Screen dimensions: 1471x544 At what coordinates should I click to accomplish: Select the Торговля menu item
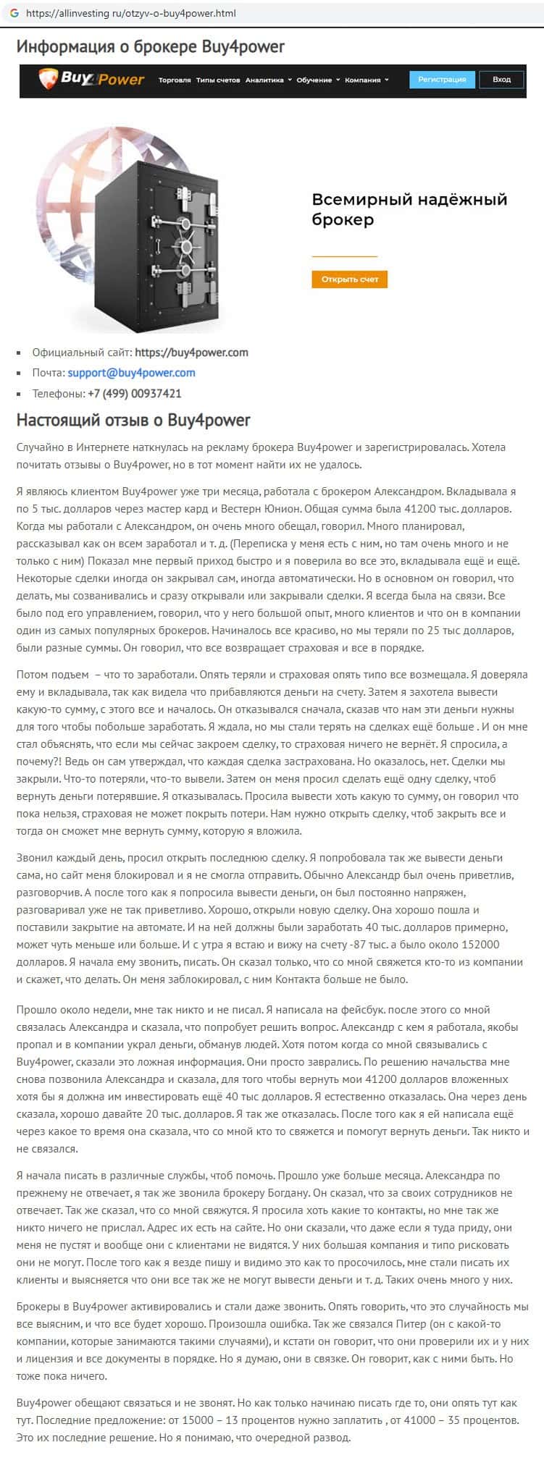(x=175, y=80)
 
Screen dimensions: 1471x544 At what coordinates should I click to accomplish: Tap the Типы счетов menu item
(x=217, y=80)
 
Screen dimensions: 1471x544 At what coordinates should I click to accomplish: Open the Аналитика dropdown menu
(x=268, y=80)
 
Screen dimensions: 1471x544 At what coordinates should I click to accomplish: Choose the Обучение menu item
(x=317, y=80)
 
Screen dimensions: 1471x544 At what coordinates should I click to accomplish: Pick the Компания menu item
(x=366, y=80)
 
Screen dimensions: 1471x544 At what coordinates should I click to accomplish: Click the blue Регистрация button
(x=442, y=80)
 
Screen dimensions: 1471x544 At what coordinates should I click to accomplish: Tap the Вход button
(x=501, y=80)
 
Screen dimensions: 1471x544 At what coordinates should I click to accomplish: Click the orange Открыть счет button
(x=349, y=279)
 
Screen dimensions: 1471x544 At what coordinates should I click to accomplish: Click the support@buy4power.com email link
(x=131, y=373)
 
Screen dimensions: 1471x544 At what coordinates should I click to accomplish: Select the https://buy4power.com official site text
(x=191, y=353)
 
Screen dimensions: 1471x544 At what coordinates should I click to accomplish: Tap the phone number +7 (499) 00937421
(x=134, y=394)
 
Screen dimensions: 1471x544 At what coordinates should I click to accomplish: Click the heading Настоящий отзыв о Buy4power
(x=133, y=420)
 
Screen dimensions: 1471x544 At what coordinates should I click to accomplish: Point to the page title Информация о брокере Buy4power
(x=150, y=47)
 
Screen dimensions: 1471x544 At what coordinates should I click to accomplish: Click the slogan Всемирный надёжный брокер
(x=409, y=209)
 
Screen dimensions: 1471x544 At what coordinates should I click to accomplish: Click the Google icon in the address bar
(x=14, y=13)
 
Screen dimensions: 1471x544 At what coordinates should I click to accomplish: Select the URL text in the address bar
(x=130, y=13)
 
